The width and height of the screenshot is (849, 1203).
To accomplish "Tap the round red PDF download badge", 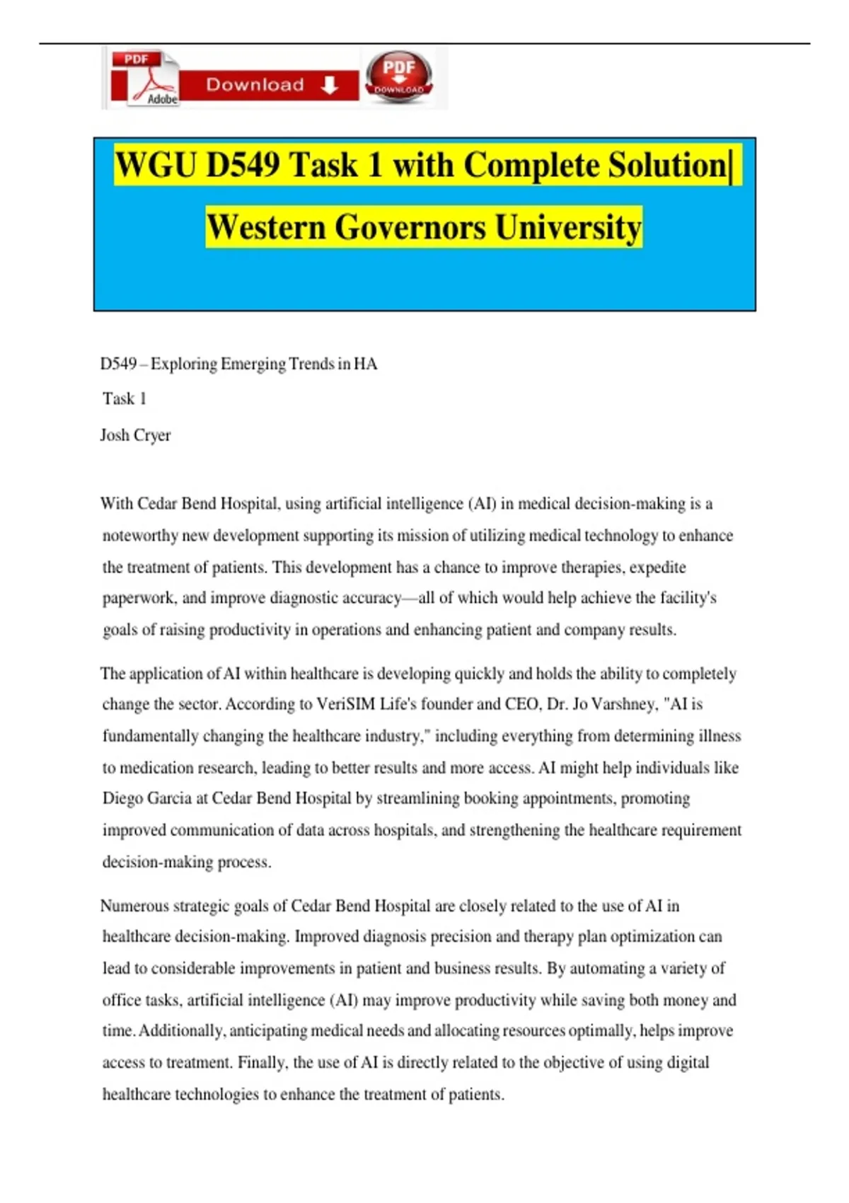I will tap(398, 76).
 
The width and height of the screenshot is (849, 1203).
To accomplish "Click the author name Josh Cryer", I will tap(136, 435).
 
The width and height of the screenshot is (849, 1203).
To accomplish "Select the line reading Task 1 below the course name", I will tap(125, 399).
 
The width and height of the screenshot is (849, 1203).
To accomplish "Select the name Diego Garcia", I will tap(146, 798).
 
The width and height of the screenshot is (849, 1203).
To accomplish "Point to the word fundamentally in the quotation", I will tap(150, 736).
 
